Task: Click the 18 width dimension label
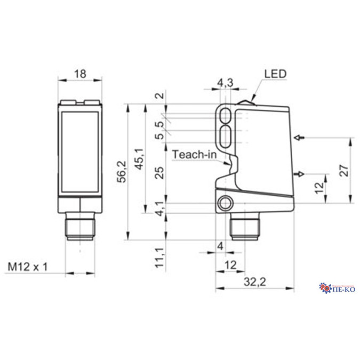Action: [x=79, y=74]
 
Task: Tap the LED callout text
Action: [x=275, y=74]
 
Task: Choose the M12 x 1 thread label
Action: [x=28, y=266]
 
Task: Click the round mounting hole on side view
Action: [x=226, y=204]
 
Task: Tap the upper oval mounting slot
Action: [x=226, y=114]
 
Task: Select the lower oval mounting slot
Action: [x=226, y=133]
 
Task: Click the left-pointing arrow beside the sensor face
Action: [x=300, y=138]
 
